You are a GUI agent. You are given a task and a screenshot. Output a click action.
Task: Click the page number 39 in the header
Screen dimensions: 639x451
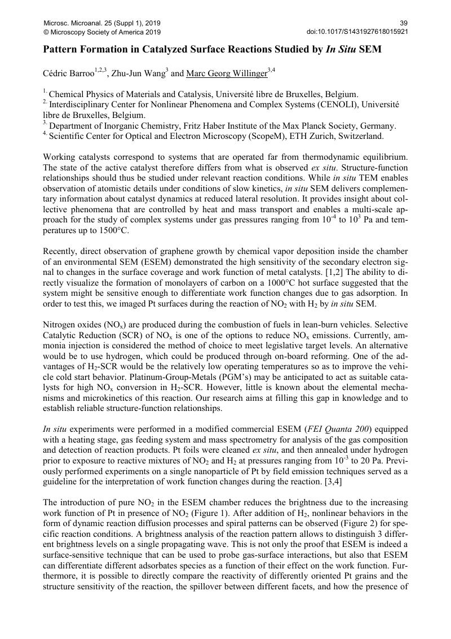click(x=404, y=23)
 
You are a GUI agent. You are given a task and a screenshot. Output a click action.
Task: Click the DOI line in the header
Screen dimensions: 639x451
click(x=357, y=32)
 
